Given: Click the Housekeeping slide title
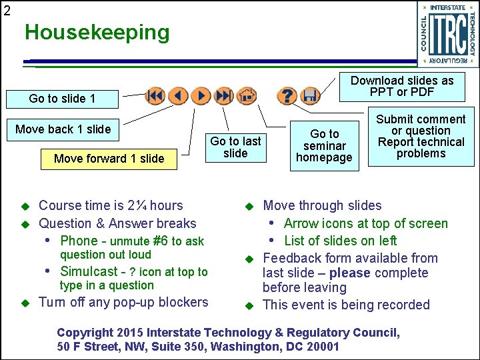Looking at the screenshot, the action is (97, 32).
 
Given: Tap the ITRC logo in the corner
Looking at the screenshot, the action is (448, 34).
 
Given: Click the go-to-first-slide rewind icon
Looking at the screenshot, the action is (155, 96).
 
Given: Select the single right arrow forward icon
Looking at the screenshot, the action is (201, 96).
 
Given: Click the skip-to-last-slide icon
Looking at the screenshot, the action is (224, 96).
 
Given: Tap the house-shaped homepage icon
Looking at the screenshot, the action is (247, 96).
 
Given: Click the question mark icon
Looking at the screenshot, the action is (287, 96).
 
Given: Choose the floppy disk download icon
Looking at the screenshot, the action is (309, 96).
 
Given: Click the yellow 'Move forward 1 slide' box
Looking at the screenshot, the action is (109, 159).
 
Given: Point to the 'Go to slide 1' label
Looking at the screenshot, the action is (62, 99).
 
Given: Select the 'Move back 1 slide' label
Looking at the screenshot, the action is (63, 129).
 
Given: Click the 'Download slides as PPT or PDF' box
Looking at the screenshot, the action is (402, 86).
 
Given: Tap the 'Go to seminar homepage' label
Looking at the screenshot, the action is (325, 145).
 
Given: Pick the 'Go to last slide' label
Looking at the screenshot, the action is (235, 147).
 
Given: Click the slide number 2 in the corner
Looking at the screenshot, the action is (7, 10).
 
